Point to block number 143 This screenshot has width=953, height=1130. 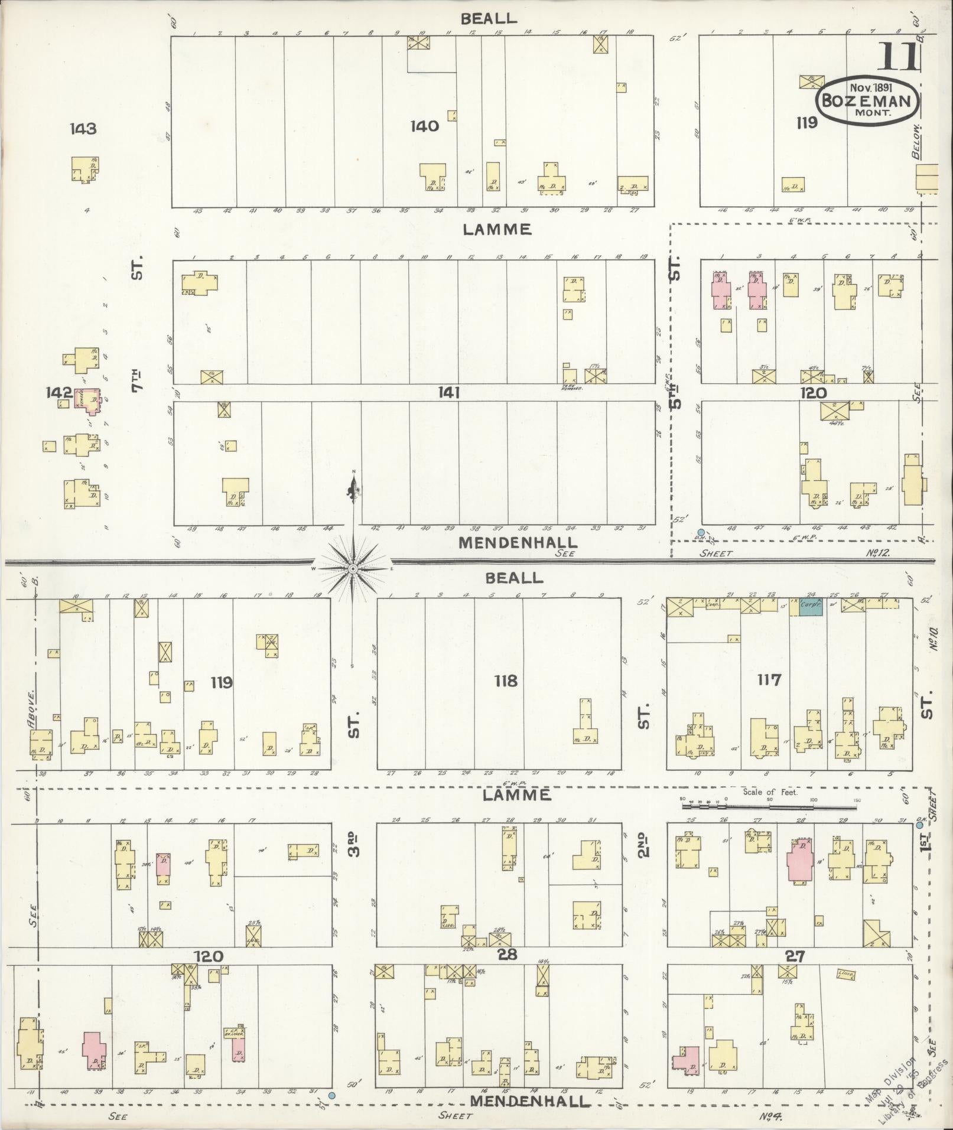pos(82,128)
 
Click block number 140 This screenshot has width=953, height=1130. pos(425,126)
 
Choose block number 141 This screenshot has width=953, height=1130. pos(449,392)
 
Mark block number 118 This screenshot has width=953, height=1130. pos(506,681)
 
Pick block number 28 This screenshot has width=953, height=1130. pos(508,955)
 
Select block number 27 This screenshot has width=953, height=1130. pos(795,955)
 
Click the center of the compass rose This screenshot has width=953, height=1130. pos(353,568)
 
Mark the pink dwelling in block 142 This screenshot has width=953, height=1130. pos(92,400)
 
